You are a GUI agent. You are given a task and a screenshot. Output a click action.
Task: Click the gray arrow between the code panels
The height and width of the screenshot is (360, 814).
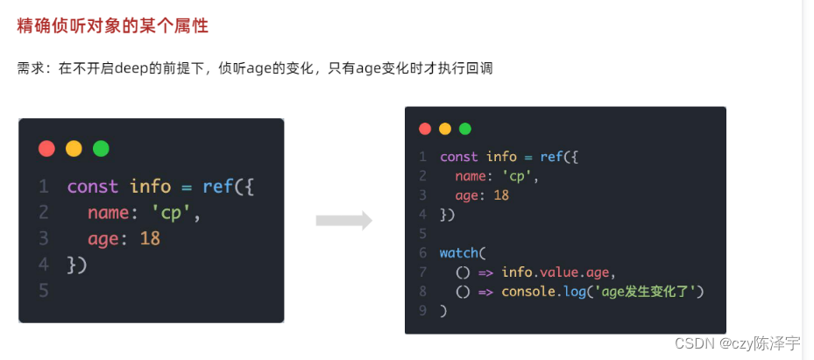pyautogui.click(x=343, y=221)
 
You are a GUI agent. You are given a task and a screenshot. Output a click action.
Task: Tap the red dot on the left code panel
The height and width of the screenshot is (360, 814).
pyautogui.click(x=46, y=149)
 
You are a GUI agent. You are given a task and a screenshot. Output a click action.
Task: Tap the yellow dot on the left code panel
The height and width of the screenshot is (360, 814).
pyautogui.click(x=74, y=149)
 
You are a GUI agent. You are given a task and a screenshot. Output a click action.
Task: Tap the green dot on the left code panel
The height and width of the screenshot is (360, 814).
pyautogui.click(x=101, y=149)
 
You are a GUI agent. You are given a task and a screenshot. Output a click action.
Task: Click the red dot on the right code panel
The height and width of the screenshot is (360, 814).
pyautogui.click(x=425, y=129)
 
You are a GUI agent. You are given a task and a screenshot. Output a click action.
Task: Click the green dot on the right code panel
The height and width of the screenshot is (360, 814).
pyautogui.click(x=464, y=129)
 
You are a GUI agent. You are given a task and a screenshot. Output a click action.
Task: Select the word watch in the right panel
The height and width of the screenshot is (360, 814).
pyautogui.click(x=459, y=253)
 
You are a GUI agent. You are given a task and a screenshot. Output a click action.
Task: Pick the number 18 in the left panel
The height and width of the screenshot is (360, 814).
pyautogui.click(x=150, y=238)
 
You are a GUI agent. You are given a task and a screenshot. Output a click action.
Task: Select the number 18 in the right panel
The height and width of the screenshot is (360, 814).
pyautogui.click(x=501, y=195)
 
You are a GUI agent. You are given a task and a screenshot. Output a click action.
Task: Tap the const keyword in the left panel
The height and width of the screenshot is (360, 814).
pyautogui.click(x=93, y=186)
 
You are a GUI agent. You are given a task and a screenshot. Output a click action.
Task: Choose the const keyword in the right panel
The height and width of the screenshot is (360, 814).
pyautogui.click(x=459, y=157)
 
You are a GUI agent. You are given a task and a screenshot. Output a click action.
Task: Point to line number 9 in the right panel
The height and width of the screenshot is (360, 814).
pyautogui.click(x=421, y=311)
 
